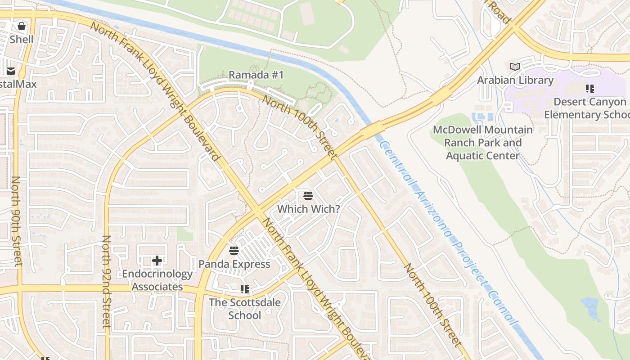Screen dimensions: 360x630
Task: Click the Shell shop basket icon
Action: (21, 26)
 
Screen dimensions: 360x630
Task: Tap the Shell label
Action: (22, 39)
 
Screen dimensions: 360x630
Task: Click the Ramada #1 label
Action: (256, 75)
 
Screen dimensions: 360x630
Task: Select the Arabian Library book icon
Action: (515, 67)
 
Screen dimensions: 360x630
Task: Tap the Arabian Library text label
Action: (515, 80)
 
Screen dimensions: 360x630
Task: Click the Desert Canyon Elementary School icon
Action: (589, 89)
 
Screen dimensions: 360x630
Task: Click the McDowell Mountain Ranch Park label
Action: (483, 143)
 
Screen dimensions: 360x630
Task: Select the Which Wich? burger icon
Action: (308, 196)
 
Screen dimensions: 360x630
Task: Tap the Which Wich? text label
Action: (308, 209)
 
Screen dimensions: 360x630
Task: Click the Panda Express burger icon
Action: (234, 251)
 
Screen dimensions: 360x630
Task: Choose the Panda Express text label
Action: (234, 264)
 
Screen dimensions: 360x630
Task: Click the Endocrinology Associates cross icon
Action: (157, 261)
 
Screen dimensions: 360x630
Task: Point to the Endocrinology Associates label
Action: (157, 280)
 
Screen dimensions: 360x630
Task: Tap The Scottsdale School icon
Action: (245, 289)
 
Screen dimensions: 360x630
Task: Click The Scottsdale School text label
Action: (244, 308)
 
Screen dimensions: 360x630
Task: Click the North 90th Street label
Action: (16, 220)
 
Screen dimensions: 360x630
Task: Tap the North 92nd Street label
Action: (106, 281)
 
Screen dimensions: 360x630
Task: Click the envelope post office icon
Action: (10, 71)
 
